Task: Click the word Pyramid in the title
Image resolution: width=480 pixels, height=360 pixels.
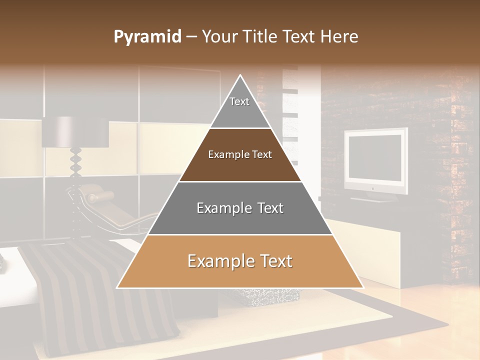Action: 147,37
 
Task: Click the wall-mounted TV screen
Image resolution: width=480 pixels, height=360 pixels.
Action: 375,157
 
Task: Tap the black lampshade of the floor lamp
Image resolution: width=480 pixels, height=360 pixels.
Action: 75,132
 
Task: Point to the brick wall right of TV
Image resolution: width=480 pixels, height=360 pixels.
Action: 440,150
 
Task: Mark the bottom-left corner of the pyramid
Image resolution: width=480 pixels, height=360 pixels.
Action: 117,287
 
